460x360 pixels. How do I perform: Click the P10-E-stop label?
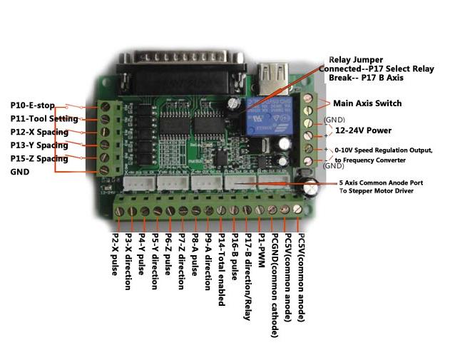click(32, 106)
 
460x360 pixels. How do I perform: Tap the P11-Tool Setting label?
click(44, 119)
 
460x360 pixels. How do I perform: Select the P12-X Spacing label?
click(39, 133)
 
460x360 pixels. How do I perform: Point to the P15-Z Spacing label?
click(39, 158)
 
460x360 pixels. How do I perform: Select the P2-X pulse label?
click(115, 254)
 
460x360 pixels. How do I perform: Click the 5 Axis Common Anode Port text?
click(380, 182)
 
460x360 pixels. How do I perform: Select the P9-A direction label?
click(208, 262)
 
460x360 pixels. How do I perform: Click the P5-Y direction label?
click(154, 262)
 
